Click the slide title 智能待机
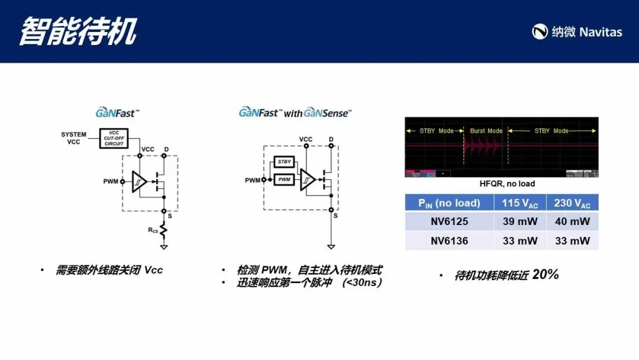(x=78, y=31)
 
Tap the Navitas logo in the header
(x=577, y=32)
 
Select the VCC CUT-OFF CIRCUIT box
(x=114, y=138)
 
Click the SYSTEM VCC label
(x=73, y=138)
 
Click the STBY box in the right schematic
(x=285, y=162)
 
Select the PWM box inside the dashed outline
(x=285, y=179)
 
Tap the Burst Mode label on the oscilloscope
(x=486, y=131)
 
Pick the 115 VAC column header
(x=520, y=203)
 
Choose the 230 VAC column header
(x=572, y=203)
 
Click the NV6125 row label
(x=449, y=221)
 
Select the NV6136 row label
(x=449, y=240)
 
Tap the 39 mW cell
(x=520, y=221)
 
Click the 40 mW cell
(x=572, y=221)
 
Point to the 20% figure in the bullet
(x=546, y=274)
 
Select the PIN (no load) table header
(x=449, y=203)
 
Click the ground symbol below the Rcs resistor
(x=164, y=246)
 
